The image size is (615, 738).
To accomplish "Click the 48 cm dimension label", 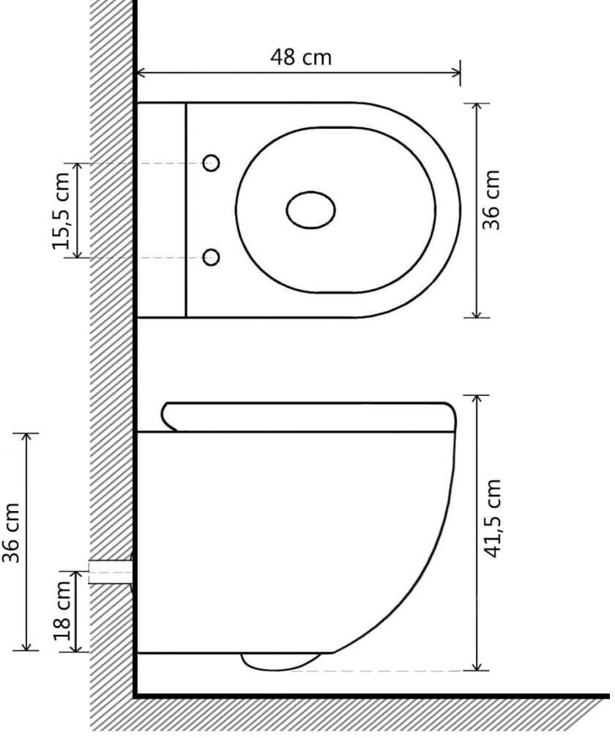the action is pyautogui.click(x=301, y=57).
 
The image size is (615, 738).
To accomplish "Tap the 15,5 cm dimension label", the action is pyautogui.click(x=61, y=212).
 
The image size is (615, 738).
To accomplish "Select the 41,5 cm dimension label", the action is pyautogui.click(x=493, y=518).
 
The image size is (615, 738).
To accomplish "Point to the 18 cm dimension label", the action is pyautogui.click(x=61, y=611).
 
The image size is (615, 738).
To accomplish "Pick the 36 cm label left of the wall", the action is pyautogui.click(x=10, y=533).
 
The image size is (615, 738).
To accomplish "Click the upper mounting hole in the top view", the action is pyautogui.click(x=212, y=163).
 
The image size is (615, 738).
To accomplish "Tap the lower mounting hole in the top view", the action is pyautogui.click(x=212, y=257).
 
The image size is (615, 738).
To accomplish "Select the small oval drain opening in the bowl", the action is pyautogui.click(x=310, y=210).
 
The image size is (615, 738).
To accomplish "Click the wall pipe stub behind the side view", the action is pyautogui.click(x=111, y=572).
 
